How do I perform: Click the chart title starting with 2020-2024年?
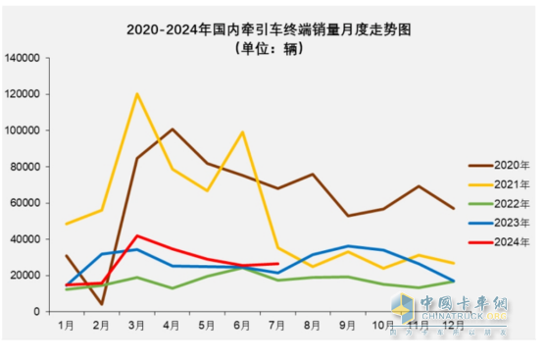(x=271, y=29)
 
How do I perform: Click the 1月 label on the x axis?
(x=66, y=324)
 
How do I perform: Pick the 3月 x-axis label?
(x=137, y=324)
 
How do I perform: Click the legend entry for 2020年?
(x=496, y=166)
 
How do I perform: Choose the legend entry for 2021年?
(x=496, y=184)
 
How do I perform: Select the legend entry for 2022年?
(x=496, y=203)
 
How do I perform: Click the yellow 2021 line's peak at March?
(x=137, y=94)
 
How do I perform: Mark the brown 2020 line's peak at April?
(x=173, y=129)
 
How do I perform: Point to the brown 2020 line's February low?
(x=102, y=304)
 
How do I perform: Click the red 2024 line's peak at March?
(x=137, y=235)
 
